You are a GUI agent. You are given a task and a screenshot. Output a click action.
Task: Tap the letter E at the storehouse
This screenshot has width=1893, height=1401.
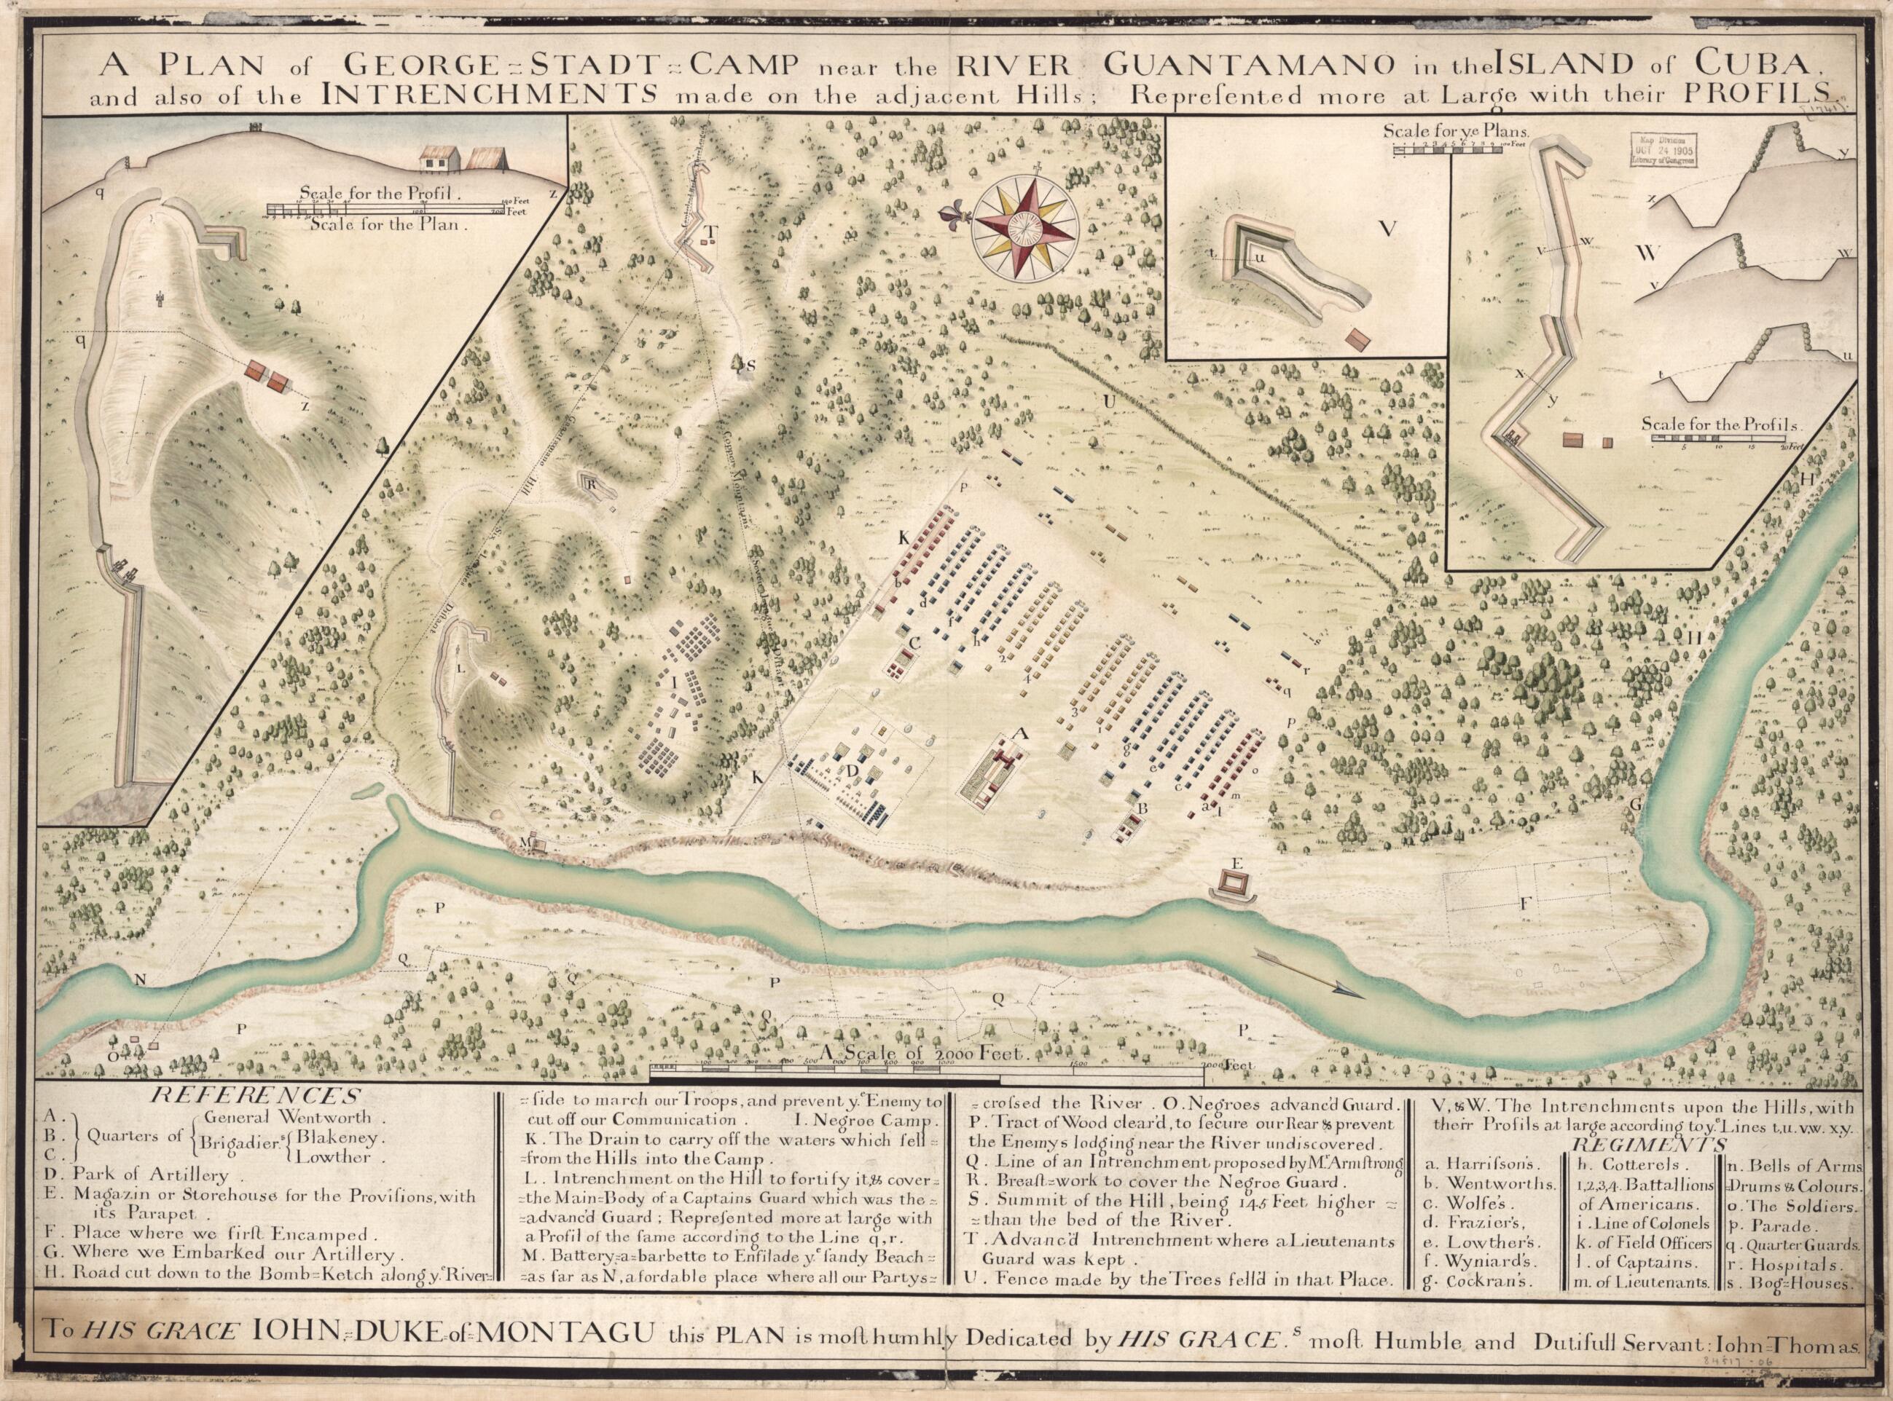point(1236,862)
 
